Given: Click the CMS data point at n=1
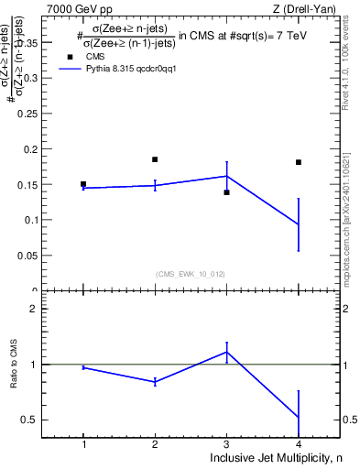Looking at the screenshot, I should [x=83, y=184].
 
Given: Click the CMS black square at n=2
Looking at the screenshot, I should [x=155, y=159].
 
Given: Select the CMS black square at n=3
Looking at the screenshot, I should [x=226, y=192].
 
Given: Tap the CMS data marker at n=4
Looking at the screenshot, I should [x=299, y=162].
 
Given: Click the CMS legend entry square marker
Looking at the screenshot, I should [x=68, y=56].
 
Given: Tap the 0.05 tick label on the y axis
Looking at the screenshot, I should [x=31, y=256].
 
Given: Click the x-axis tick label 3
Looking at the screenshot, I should [x=226, y=444].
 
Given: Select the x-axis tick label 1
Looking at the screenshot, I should [x=83, y=444].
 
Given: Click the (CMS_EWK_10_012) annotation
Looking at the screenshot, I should [x=191, y=273].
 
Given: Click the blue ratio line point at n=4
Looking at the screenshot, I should [x=299, y=418].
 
